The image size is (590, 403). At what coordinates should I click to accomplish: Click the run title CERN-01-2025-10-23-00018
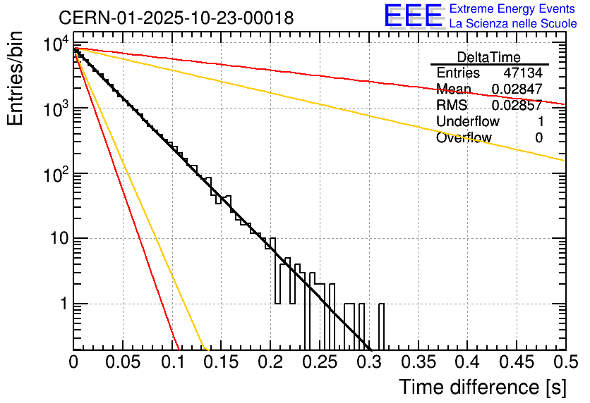coord(176,17)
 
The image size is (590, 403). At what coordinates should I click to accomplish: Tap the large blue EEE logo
coord(413,17)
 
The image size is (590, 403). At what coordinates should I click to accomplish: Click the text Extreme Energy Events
coord(513,9)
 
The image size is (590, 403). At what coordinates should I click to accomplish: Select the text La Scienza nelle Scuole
coord(513,24)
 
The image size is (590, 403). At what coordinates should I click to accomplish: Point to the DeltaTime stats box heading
coord(488,57)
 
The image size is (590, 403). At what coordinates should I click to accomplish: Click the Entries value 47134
coord(523,73)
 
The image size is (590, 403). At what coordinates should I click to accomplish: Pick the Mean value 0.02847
coord(517,89)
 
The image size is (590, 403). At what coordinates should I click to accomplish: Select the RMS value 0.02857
coord(517,106)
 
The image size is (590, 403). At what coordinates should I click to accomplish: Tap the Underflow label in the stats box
coord(467,122)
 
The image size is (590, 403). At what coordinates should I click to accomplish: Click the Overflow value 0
coord(538,138)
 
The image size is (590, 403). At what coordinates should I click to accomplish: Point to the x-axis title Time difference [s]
coord(482,387)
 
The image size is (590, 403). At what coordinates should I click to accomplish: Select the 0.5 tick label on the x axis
coord(563,363)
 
